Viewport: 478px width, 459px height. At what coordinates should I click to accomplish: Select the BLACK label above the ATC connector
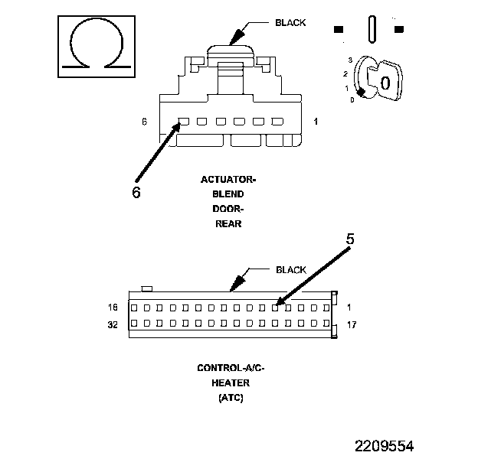point(290,270)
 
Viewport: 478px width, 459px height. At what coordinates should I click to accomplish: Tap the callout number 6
point(136,192)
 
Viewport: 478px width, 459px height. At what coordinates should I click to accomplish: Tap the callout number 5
point(349,239)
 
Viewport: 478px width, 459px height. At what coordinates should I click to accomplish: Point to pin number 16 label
point(113,308)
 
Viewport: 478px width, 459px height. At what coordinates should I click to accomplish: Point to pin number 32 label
point(113,324)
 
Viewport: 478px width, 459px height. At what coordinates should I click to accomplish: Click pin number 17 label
point(352,324)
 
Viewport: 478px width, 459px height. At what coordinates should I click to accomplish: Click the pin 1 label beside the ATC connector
point(349,308)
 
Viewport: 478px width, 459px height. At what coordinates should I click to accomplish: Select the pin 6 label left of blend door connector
point(144,122)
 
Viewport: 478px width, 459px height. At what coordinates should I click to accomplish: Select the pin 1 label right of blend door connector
point(316,122)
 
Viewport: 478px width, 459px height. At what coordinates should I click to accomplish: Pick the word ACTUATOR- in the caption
point(228,180)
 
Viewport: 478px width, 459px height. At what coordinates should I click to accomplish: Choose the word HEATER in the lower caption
point(231,382)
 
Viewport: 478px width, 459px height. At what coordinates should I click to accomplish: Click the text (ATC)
point(231,397)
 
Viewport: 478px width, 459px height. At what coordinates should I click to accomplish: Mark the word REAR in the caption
point(228,223)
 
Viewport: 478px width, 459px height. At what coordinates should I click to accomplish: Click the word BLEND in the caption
point(228,194)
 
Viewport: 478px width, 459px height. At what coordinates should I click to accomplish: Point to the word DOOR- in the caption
point(228,209)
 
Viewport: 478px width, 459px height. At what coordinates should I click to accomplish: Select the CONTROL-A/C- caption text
point(231,368)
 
